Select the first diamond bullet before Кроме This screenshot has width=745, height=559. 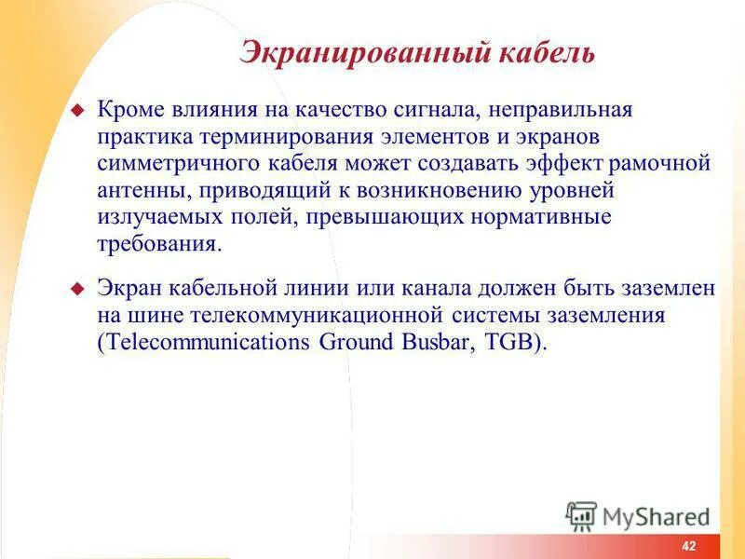[78, 111]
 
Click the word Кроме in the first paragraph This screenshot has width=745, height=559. [128, 110]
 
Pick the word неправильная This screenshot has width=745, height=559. [560, 110]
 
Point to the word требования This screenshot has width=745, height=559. [159, 245]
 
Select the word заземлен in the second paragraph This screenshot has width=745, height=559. [669, 289]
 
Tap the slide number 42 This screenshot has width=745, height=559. [688, 546]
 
